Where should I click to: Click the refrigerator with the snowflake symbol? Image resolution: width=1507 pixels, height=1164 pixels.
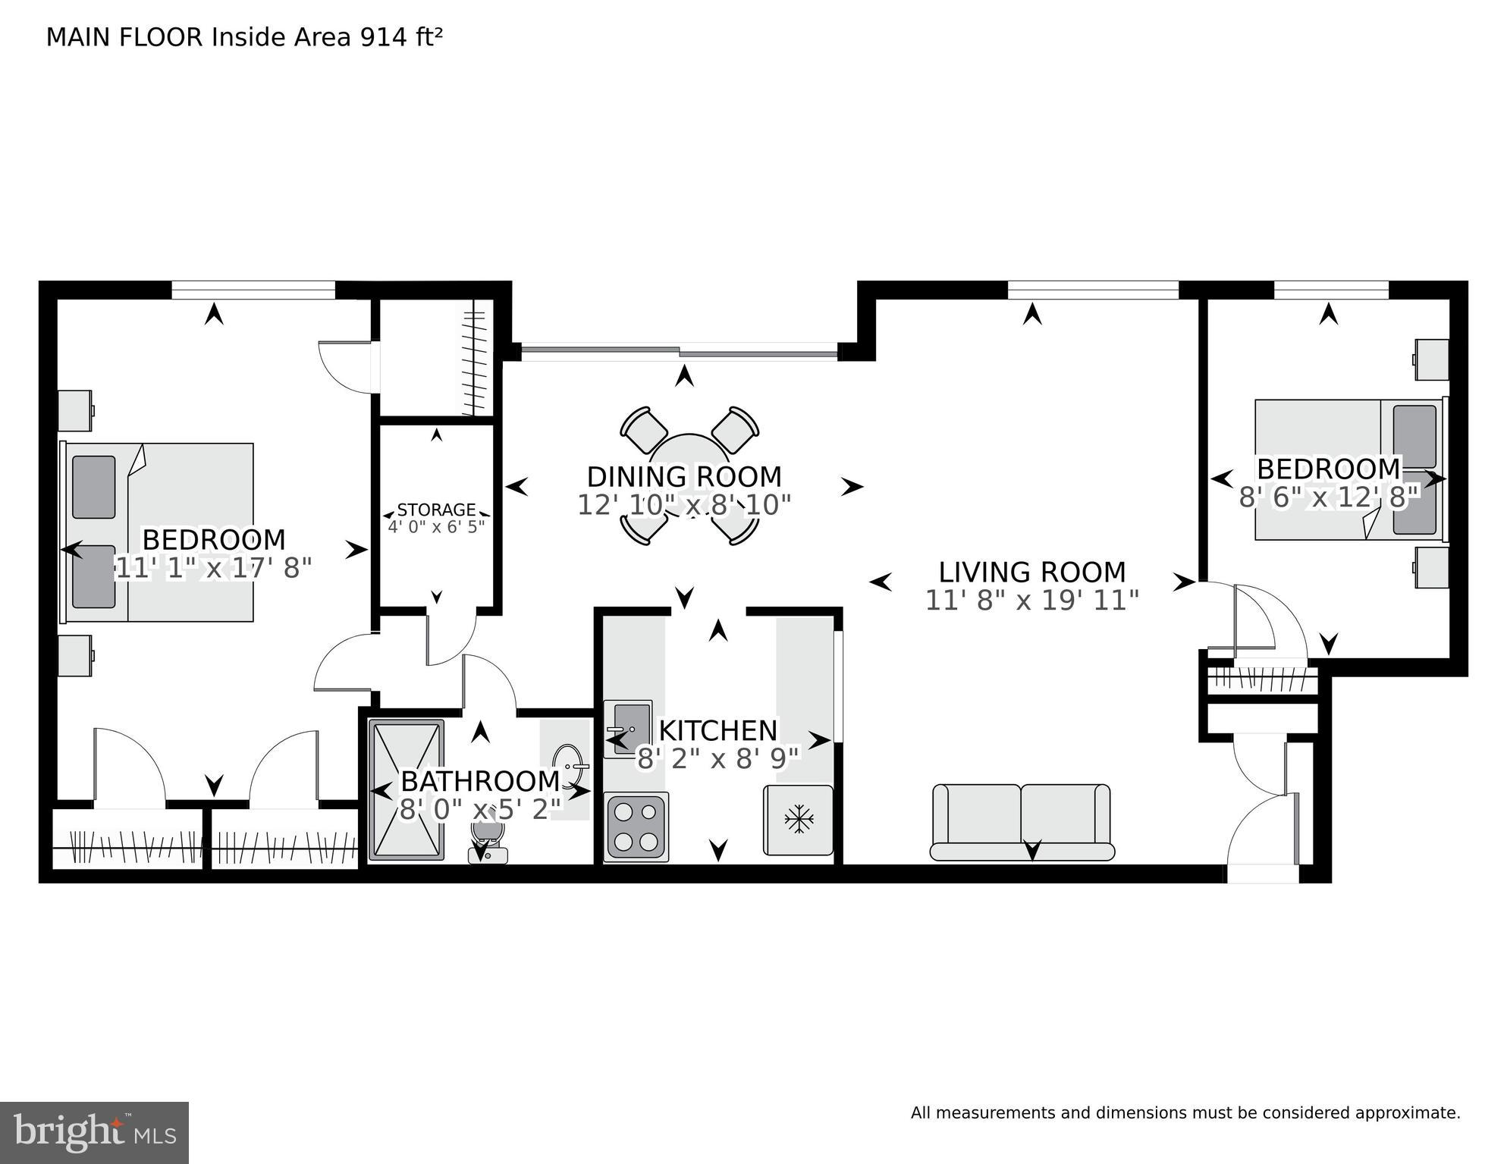[x=798, y=820]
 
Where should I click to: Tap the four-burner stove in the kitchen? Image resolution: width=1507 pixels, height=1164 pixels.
[x=636, y=827]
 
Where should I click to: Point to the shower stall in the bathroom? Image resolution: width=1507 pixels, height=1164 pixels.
[x=407, y=789]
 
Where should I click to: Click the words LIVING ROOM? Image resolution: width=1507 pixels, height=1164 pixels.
[x=1031, y=572]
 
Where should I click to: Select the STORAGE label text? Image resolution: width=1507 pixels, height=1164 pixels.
[x=436, y=510]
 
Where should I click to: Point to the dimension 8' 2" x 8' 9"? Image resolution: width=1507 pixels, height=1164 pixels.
[x=717, y=758]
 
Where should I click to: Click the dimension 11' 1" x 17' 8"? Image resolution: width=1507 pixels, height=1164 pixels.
[x=214, y=567]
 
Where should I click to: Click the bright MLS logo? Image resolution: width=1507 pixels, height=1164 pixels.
[x=94, y=1132]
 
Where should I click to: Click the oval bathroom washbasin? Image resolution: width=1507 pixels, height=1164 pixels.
[x=568, y=767]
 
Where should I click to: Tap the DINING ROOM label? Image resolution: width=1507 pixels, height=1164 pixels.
[x=684, y=477]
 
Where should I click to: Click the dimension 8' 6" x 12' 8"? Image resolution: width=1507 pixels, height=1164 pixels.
[x=1328, y=497]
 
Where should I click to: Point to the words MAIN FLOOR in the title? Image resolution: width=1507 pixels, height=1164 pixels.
[x=124, y=37]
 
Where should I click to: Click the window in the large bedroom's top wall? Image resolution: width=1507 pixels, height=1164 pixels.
[x=253, y=290]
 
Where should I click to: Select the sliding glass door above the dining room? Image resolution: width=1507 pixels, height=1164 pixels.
[x=680, y=350]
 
